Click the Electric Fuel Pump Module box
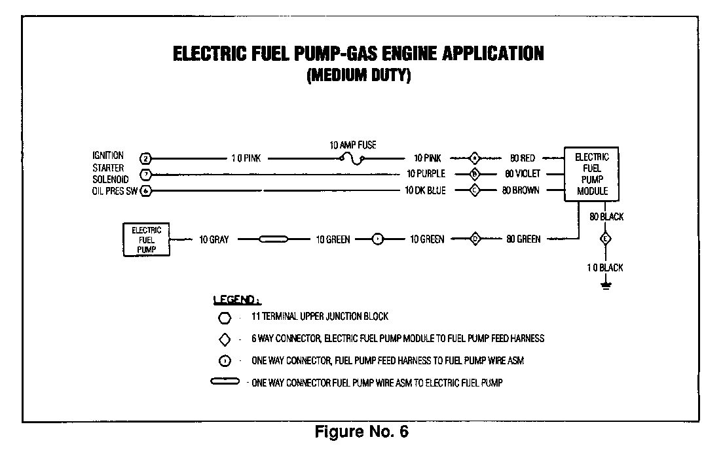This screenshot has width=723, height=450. click(x=591, y=174)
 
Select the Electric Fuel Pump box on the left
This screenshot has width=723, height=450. click(x=146, y=239)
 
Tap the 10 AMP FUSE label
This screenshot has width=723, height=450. click(x=352, y=145)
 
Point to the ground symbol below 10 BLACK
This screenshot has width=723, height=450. click(x=606, y=285)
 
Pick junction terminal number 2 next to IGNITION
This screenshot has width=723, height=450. click(x=146, y=158)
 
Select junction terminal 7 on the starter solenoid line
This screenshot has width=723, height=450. click(x=146, y=175)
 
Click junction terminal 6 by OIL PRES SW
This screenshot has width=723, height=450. click(x=146, y=191)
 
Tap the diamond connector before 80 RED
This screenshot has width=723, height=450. click(x=475, y=158)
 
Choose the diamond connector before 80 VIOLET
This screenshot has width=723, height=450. click(x=475, y=175)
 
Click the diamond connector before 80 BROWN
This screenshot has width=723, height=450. click(x=475, y=191)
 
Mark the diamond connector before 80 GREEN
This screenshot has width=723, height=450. click(x=475, y=239)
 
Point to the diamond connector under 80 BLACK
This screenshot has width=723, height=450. click(x=606, y=239)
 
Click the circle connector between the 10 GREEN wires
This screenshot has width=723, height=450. click(x=378, y=239)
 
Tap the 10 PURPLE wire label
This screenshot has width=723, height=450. click(x=425, y=175)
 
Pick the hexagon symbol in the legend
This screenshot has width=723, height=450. click(x=225, y=317)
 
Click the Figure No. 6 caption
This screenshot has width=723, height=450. click(x=362, y=432)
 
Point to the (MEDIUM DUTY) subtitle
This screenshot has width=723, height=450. click(x=358, y=76)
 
